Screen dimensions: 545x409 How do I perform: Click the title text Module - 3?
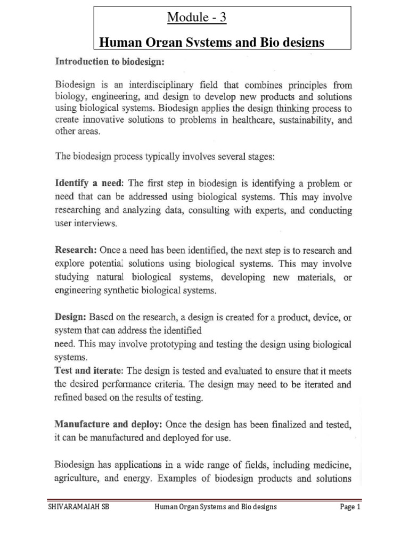coord(197,18)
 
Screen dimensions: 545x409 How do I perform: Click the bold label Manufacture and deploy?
coord(109,425)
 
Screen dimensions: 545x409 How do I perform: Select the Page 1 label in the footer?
coord(350,522)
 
